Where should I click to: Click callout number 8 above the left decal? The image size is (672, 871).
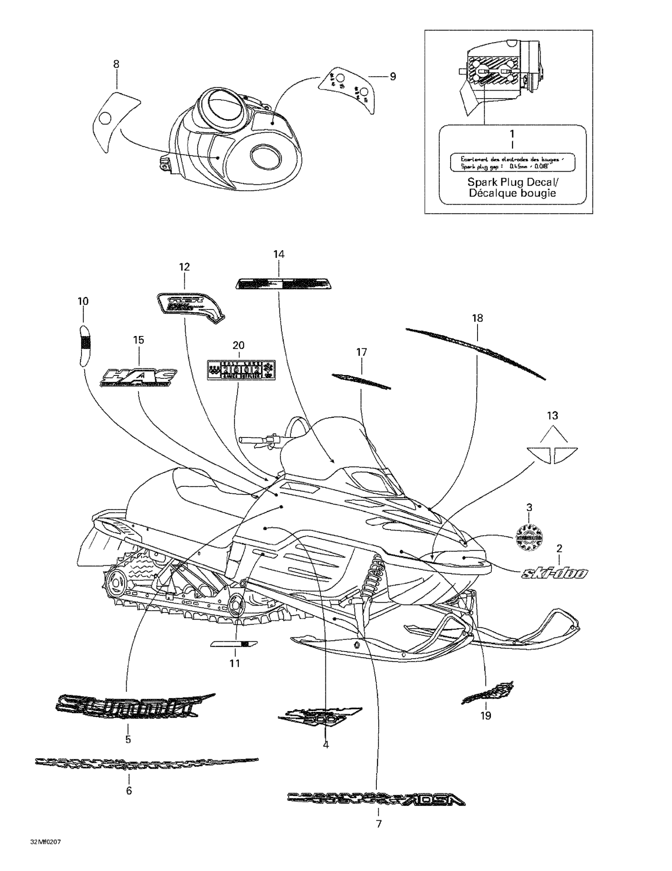[116, 64]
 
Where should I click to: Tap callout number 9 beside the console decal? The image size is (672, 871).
[393, 76]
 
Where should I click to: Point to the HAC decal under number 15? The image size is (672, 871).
[138, 377]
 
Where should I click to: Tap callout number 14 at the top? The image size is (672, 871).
[279, 254]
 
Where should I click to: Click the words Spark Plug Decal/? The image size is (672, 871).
[513, 182]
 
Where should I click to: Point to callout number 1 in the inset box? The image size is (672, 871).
[512, 133]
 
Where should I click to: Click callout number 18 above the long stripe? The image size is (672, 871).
[477, 318]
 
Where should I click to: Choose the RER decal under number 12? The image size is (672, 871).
[190, 307]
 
